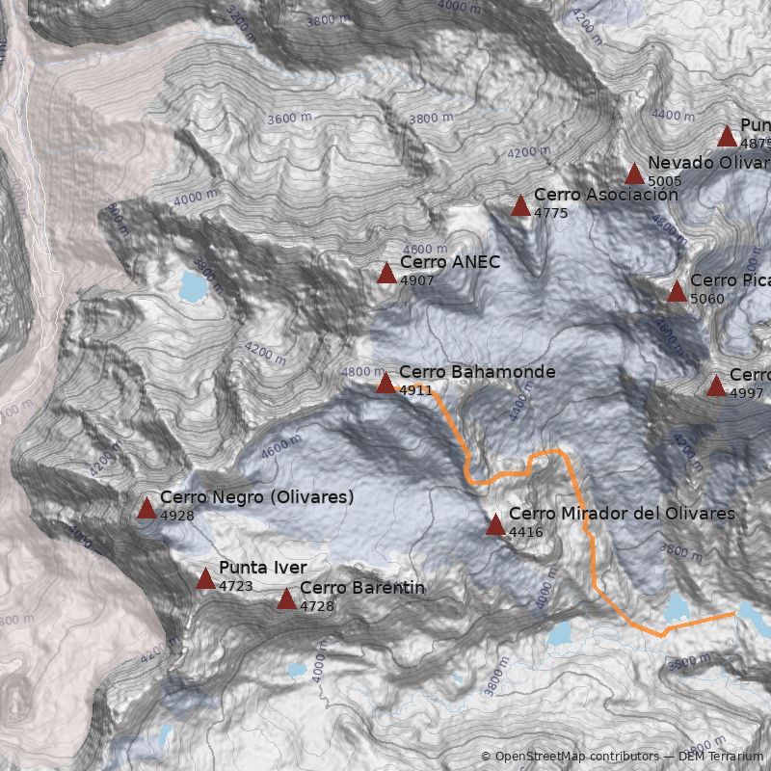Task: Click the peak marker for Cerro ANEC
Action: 386,274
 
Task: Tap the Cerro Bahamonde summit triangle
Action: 385,384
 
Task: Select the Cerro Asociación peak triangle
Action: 520,205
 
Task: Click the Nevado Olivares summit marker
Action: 634,174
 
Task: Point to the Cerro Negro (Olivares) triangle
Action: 146,509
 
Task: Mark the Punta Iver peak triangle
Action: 205,578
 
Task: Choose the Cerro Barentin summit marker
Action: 286,599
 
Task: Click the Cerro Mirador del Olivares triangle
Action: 495,525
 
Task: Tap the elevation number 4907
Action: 417,280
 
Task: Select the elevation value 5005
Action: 665,181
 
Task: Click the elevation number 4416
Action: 526,532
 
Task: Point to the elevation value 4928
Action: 177,516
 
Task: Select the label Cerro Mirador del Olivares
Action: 622,514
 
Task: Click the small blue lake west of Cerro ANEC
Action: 193,285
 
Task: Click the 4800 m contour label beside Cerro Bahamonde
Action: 361,372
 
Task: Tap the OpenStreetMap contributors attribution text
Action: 569,757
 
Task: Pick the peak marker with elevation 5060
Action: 677,292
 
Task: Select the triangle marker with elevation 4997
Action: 716,386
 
